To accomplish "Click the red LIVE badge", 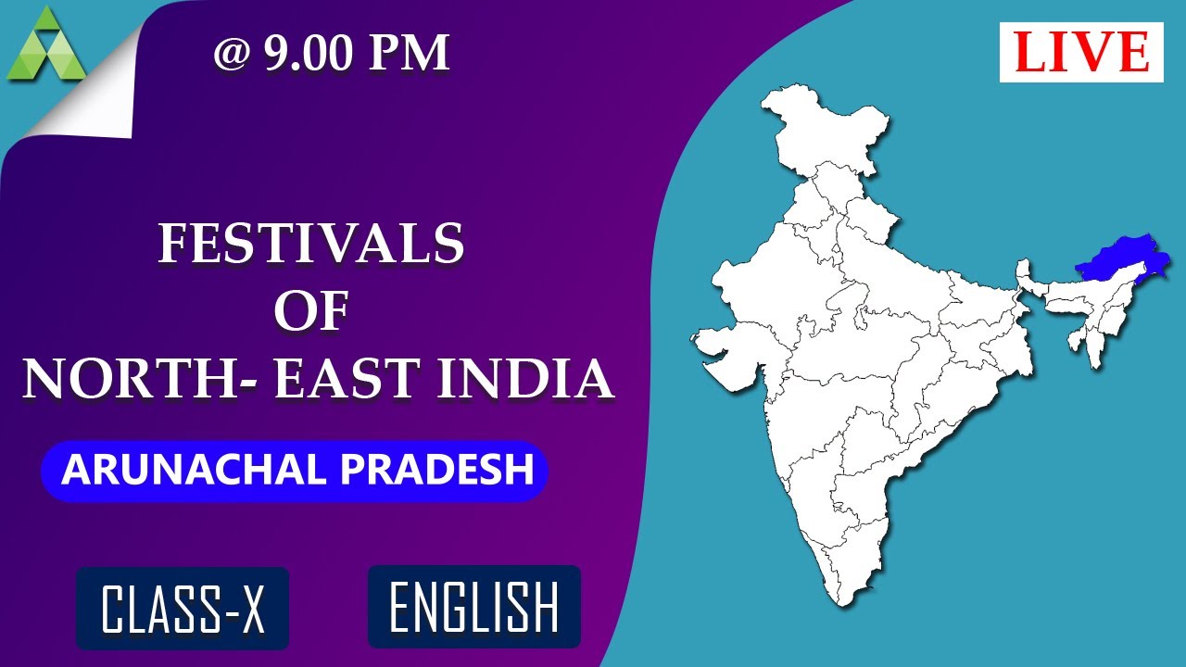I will click(x=1081, y=52).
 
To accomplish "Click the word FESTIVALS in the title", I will click(x=311, y=245).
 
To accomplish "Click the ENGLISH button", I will click(x=473, y=607).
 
